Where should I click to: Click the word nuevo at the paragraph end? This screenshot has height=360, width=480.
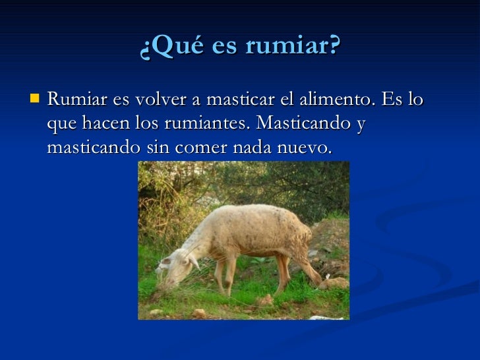point(305,148)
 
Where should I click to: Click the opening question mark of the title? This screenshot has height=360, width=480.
point(145,47)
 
